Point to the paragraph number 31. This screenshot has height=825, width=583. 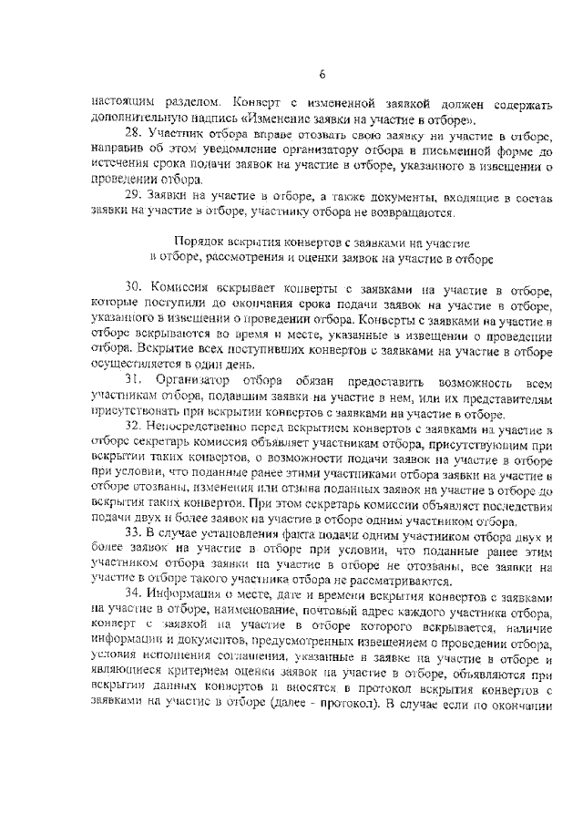click(x=133, y=377)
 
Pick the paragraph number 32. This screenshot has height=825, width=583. click(x=133, y=427)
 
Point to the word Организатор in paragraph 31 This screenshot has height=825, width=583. click(x=194, y=377)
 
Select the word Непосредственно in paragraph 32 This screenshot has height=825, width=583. click(x=200, y=427)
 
